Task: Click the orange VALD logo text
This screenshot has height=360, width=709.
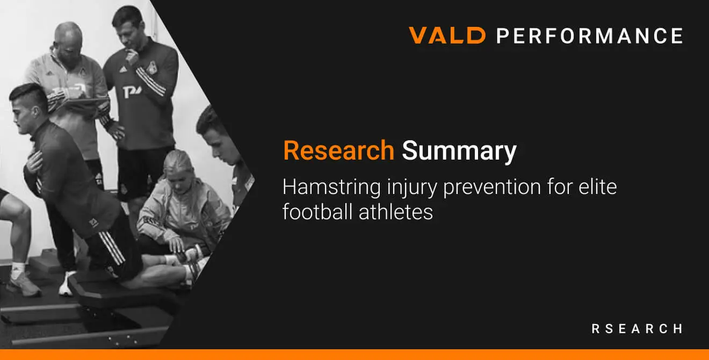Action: [x=447, y=35]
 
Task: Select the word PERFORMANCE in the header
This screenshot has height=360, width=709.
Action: [x=590, y=35]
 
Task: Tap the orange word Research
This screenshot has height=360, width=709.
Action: [x=339, y=150]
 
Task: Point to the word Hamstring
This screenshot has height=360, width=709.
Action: [x=331, y=188]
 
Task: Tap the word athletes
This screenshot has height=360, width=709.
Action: [x=396, y=211]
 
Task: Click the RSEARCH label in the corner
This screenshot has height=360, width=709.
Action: [x=637, y=329]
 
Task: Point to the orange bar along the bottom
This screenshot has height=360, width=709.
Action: [x=354, y=354]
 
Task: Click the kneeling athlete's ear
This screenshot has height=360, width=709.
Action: [x=36, y=111]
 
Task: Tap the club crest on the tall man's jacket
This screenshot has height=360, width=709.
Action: [x=152, y=68]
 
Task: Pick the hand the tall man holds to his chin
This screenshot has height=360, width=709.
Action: [x=132, y=56]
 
